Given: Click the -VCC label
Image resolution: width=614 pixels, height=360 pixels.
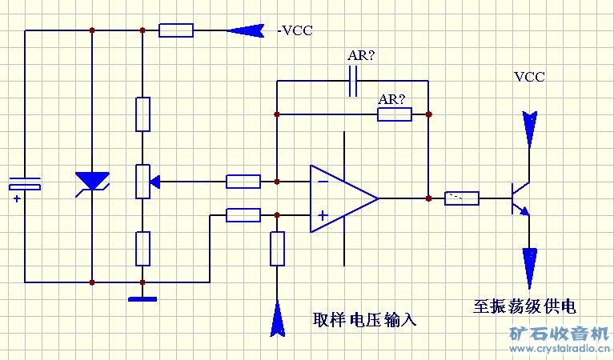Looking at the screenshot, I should pos(295,31).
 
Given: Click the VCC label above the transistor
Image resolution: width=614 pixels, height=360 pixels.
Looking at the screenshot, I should pos(529,78).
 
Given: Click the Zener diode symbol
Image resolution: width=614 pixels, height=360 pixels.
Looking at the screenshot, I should pos(92,182).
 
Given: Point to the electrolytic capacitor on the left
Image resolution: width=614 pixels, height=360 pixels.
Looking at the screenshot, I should pos(25,186).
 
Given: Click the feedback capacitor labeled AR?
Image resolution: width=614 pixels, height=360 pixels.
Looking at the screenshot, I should pos(353,81).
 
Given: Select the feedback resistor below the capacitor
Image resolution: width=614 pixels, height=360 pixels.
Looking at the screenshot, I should pos(394,114).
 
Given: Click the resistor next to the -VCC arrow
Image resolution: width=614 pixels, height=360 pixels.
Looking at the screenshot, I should pos(175,31).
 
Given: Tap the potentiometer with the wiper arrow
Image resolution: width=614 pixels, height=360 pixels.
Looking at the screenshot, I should pos(142,182).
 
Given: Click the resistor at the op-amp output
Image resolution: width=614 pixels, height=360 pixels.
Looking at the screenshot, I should pos(462,198).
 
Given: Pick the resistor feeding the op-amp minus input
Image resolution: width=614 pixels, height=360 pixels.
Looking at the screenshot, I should pos(243,182).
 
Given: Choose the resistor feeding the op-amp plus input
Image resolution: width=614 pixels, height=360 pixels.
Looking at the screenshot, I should pos(243,214).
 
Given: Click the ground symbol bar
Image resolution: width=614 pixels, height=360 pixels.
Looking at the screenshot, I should pos(142,299).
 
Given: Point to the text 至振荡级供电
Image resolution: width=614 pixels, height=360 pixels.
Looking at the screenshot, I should pos(524,306).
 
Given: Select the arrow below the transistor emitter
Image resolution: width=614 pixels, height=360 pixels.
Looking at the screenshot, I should pos(529,267).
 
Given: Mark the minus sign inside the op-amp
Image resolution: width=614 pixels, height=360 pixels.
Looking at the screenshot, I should pos(323,182).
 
